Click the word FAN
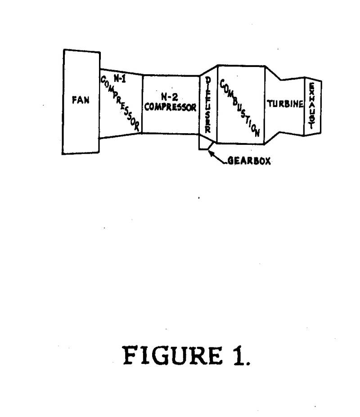click(81, 100)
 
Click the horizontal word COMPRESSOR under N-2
click(170, 108)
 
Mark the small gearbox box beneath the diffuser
click(206, 143)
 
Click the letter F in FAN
click(75, 100)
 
